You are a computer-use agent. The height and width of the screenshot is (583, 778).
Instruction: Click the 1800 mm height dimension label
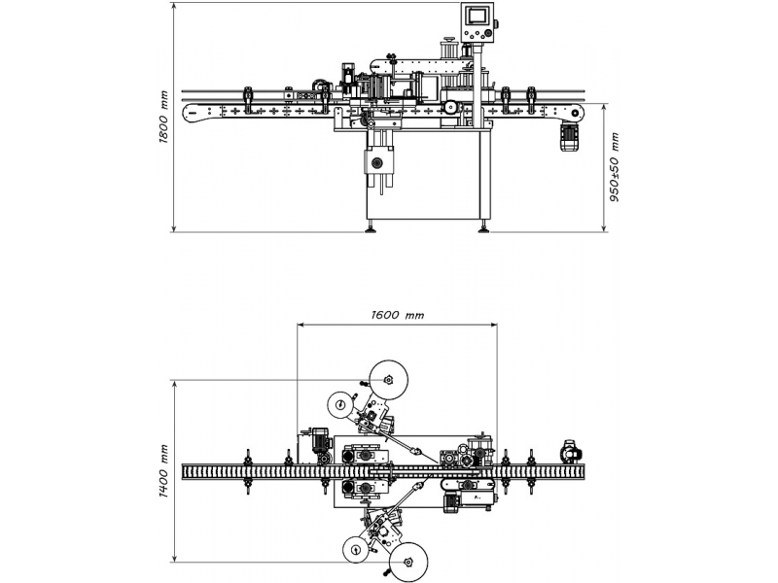tap(163, 117)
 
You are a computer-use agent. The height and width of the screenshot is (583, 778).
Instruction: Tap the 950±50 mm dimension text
tap(615, 167)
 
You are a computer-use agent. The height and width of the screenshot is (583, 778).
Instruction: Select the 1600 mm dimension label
tap(398, 315)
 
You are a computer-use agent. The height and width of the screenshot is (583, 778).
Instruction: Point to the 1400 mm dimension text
tap(163, 471)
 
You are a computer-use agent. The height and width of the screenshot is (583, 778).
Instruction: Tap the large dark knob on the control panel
tap(489, 34)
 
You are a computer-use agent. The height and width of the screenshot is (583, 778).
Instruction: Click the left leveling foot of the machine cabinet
tap(370, 228)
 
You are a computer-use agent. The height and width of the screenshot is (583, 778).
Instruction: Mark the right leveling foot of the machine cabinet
tap(483, 228)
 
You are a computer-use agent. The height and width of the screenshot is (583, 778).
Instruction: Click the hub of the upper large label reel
tap(388, 380)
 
